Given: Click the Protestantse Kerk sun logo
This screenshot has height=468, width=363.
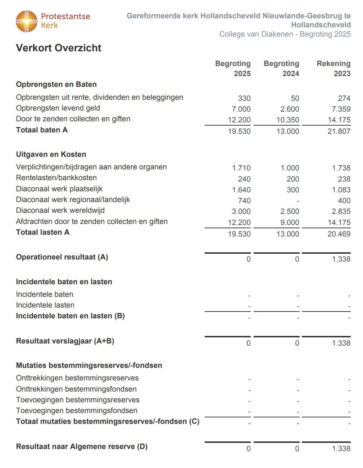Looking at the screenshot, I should [27, 21].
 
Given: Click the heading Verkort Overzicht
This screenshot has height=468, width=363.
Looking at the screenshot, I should [59, 48].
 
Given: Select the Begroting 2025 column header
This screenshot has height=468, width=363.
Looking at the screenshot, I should [233, 69].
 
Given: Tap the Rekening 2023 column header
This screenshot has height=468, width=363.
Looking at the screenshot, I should [333, 69].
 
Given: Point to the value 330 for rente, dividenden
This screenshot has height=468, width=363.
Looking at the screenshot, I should [244, 98].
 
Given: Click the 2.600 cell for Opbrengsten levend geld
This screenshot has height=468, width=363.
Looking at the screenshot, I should [290, 109].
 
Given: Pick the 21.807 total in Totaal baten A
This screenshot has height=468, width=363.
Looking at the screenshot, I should [339, 131].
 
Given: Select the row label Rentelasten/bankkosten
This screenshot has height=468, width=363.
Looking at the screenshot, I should [56, 178].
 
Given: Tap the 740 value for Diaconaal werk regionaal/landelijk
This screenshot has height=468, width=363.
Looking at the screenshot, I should [244, 201].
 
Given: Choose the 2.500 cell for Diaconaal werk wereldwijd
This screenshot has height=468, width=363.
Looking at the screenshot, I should [290, 211].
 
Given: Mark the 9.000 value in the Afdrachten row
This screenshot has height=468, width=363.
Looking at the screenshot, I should [290, 223].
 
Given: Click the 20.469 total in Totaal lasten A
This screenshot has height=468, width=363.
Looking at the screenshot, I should [339, 234].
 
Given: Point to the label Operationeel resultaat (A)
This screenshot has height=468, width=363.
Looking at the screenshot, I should [62, 257].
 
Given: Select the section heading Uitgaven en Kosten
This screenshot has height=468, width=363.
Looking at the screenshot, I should [51, 155].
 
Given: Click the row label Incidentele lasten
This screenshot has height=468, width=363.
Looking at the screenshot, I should [45, 305].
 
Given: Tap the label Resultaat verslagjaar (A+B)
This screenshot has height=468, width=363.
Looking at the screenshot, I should [65, 341].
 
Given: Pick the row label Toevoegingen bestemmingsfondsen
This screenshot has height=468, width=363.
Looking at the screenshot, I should [77, 411].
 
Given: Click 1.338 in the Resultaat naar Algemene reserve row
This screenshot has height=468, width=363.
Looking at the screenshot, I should [341, 449].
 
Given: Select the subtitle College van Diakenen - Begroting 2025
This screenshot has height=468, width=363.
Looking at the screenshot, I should [285, 34].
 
